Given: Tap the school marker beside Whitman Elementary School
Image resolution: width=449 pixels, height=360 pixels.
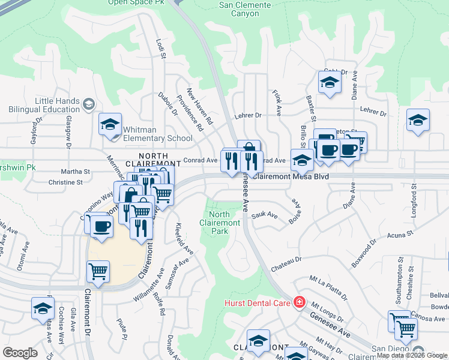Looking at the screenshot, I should (x=110, y=125).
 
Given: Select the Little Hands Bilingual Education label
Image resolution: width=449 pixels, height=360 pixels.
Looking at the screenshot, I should (x=45, y=105).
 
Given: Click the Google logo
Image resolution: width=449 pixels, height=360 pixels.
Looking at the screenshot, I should (x=20, y=353).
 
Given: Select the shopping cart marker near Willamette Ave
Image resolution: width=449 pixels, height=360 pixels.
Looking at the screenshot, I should (x=98, y=271).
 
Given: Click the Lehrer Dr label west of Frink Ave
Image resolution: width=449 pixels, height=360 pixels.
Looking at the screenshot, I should (x=249, y=115).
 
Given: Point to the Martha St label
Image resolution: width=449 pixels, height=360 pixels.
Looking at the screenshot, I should (x=77, y=172).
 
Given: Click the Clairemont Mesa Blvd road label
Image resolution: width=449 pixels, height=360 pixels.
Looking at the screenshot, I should (x=291, y=177).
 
